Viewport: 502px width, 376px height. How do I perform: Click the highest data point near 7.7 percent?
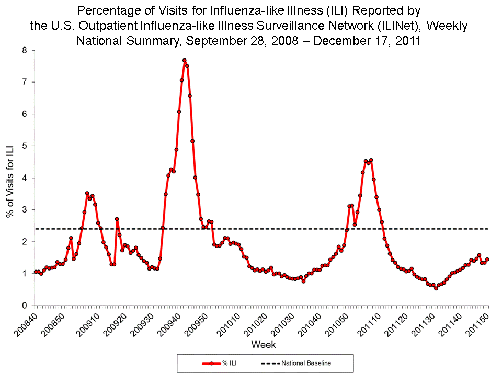point(184,61)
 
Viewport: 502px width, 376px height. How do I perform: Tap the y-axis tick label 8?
point(24,50)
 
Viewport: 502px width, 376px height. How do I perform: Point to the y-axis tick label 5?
point(24,146)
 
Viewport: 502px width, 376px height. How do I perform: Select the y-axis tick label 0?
point(24,305)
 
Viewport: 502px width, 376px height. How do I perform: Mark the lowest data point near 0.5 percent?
point(436,288)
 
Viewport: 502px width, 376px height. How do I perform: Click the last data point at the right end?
point(487,259)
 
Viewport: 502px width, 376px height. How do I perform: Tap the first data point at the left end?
point(36,272)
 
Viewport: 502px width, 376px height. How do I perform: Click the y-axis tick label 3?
point(24,210)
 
